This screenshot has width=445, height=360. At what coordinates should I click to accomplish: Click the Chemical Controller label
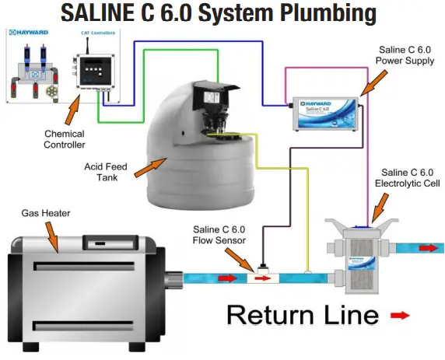(x=64, y=138)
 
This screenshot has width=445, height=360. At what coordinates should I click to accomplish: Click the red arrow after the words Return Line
(x=399, y=315)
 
